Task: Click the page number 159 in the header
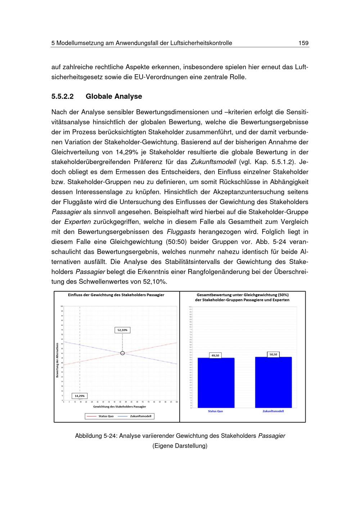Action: coord(303,43)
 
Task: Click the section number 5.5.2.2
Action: coord(62,96)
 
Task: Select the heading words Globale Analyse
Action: coord(114,96)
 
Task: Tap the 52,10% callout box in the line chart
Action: coord(122,330)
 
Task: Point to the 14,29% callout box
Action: coord(80,396)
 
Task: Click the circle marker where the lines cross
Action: coord(122,353)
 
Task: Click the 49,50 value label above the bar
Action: coord(215,355)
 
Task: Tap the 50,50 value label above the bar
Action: coord(273,355)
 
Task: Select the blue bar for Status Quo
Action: coord(216,383)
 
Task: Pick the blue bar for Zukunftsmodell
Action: coord(273,382)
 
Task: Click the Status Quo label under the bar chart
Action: coord(215,411)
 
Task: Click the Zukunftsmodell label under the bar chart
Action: coord(273,411)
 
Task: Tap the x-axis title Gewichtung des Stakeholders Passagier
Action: coord(120,406)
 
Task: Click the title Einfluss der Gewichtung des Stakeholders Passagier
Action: coord(116,295)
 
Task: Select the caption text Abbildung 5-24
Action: coord(95,436)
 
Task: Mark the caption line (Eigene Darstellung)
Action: coord(180,446)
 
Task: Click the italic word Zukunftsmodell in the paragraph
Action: coord(213,162)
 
